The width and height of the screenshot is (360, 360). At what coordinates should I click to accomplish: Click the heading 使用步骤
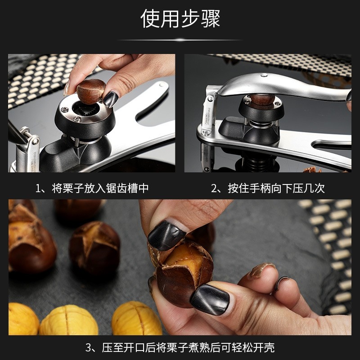tap(180, 19)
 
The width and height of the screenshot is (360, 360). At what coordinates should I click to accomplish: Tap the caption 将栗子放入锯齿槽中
tap(100, 188)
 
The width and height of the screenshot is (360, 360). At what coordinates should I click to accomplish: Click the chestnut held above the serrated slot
tap(90, 90)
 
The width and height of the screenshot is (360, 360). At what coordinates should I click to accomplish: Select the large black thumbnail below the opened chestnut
tap(209, 299)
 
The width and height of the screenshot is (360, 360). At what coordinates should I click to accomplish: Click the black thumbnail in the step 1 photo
tap(110, 99)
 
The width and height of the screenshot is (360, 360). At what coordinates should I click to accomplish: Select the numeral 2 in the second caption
tap(215, 188)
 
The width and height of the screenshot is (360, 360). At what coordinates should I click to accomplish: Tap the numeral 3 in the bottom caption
tap(89, 347)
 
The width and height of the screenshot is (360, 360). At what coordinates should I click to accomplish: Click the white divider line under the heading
tap(180, 40)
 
